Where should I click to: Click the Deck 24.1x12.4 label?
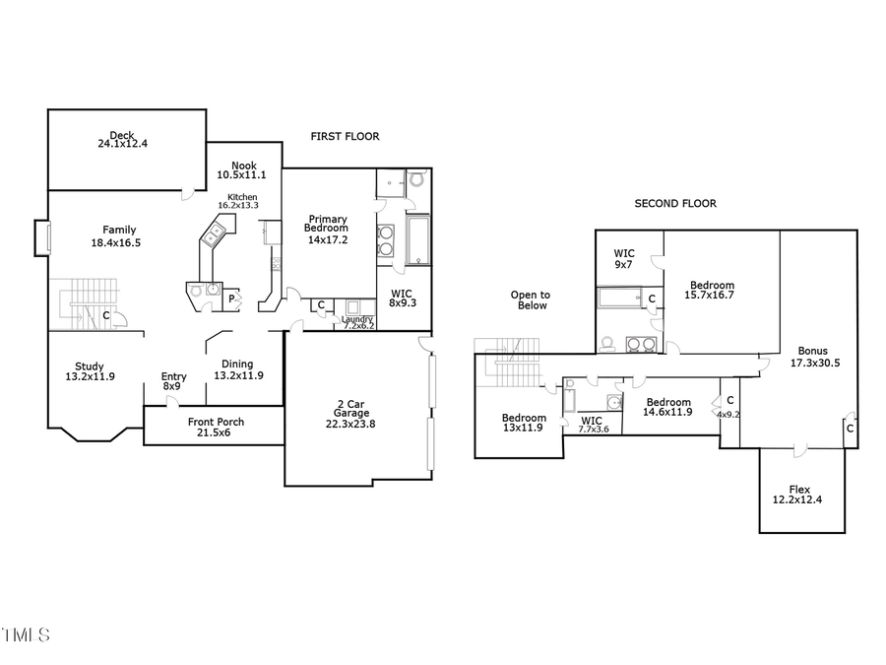point(122,139)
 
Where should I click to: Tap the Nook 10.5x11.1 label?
point(243,170)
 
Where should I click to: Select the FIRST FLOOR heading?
point(345,136)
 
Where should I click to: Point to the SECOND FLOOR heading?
point(675,204)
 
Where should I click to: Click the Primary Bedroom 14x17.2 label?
point(328,229)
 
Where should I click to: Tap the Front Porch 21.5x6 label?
point(216,428)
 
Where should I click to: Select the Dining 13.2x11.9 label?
point(237,369)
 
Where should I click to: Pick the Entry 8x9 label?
point(173,381)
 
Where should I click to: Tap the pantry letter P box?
point(232,299)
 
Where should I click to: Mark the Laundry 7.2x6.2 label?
point(358,321)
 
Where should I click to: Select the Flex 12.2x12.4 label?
point(799,495)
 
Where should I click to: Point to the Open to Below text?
point(531,300)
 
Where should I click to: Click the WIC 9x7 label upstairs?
point(624,259)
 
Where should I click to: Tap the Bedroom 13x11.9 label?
point(522,422)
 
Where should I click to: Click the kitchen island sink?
point(213,235)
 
